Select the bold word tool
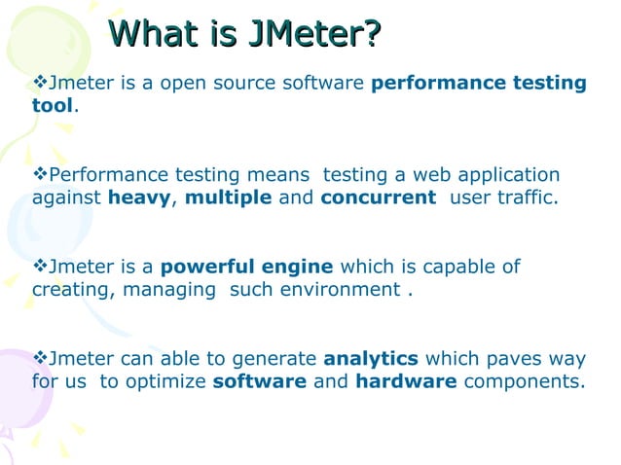tap(53, 105)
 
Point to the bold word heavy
tap(138, 197)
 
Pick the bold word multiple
tap(228, 197)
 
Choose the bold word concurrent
tap(378, 197)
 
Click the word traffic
tap(526, 197)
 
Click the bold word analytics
tap(371, 358)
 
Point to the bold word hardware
tap(406, 380)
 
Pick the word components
tap(525, 380)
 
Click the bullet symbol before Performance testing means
tap(40, 175)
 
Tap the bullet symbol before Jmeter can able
tap(40, 358)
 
